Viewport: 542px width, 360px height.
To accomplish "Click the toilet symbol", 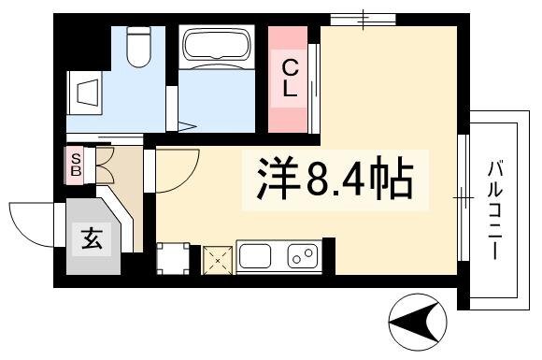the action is [138, 47].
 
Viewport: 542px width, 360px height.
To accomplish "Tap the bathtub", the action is [217, 47].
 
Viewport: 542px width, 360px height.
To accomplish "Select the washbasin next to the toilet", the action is [85, 93].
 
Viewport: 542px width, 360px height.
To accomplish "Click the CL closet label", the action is [291, 79].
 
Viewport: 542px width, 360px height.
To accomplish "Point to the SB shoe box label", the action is [76, 165].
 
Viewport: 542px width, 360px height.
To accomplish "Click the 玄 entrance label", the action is [92, 239].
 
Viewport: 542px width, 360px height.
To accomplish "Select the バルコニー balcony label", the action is [495, 209].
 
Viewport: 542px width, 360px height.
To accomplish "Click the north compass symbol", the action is [417, 322].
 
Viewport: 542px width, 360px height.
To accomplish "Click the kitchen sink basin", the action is [255, 255].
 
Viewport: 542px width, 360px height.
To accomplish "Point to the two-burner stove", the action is [303, 256].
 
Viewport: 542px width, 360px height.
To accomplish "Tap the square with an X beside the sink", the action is [218, 260].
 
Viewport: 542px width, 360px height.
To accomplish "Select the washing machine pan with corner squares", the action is [173, 258].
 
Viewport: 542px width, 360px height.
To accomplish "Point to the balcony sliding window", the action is [464, 197].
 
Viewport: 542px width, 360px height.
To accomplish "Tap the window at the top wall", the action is [363, 20].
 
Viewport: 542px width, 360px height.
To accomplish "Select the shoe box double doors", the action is [105, 165].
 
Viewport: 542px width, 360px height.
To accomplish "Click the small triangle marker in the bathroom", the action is [187, 126].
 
